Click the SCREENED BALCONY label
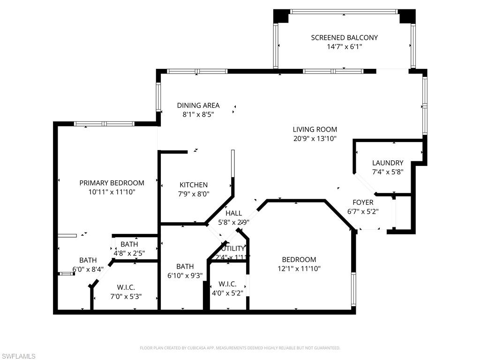[x=344, y=37]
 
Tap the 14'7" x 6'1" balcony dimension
[x=344, y=47]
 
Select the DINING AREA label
[x=198, y=105]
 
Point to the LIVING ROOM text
[x=315, y=129]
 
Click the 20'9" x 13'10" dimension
[x=315, y=139]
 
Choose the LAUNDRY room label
[x=388, y=163]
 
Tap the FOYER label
[x=363, y=202]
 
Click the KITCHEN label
[x=194, y=185]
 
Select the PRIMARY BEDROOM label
[x=112, y=183]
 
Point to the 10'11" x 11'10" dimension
[x=112, y=192]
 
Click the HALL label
[x=234, y=213]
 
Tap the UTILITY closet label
[x=233, y=248]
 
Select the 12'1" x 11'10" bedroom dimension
[x=299, y=269]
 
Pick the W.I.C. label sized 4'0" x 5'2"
[x=227, y=285]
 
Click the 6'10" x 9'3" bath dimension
[x=185, y=276]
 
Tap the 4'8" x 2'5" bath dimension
[x=129, y=253]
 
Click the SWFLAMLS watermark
[x=18, y=357]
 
